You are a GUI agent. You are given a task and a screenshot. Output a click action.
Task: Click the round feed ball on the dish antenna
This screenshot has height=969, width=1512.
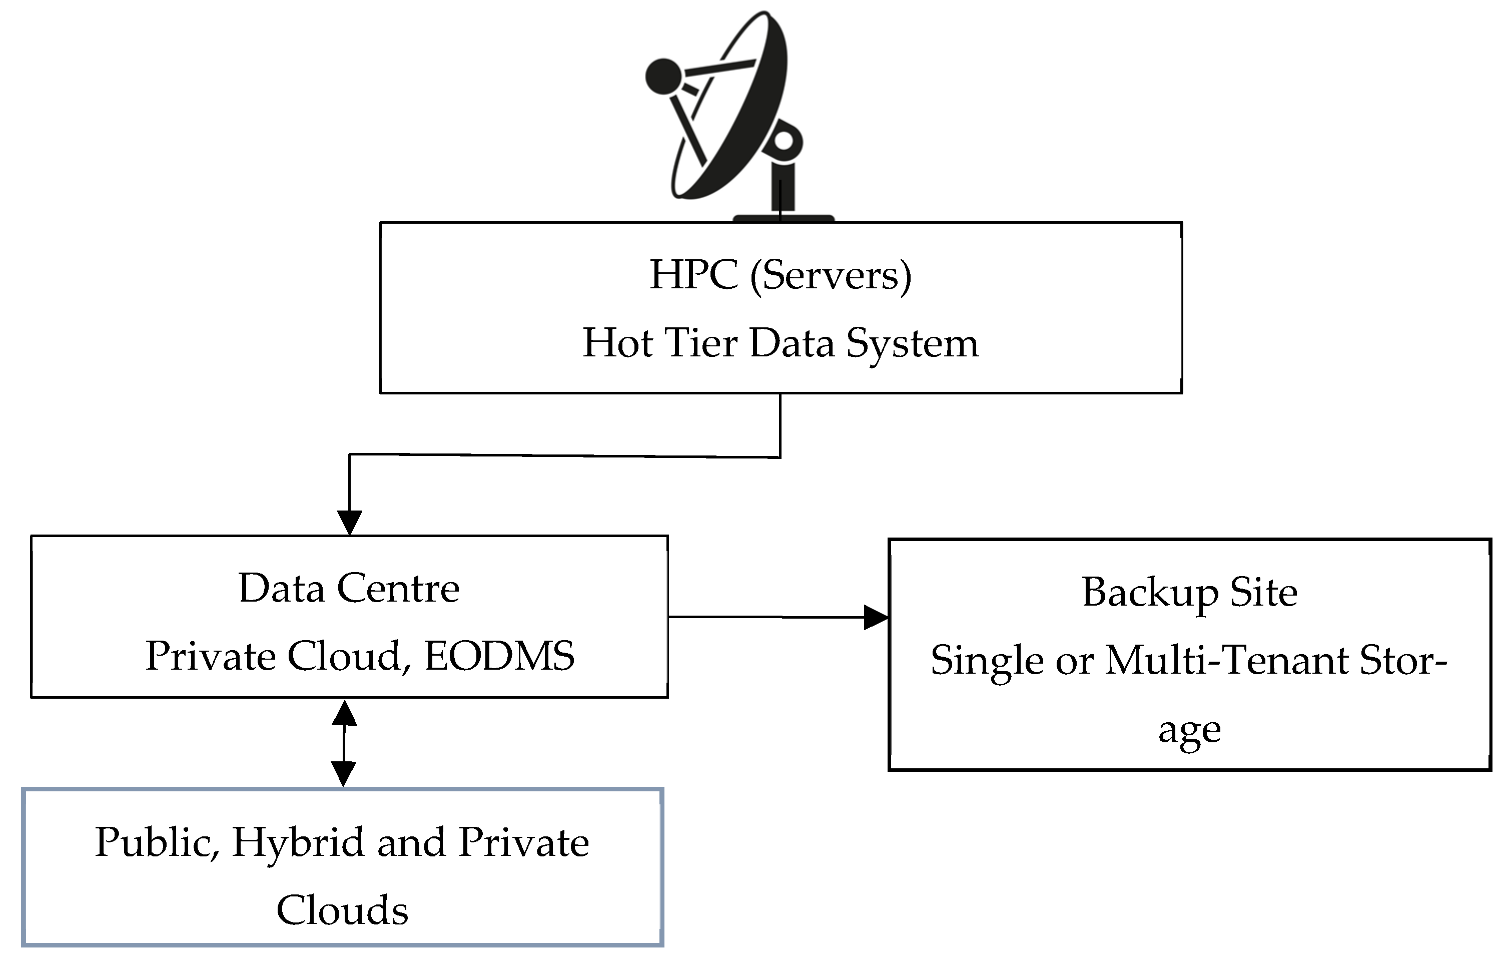click(x=663, y=76)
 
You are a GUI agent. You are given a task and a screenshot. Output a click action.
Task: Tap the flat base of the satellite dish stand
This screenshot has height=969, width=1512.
click(x=783, y=218)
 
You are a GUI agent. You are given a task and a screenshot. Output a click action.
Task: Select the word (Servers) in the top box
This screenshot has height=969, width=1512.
click(x=830, y=276)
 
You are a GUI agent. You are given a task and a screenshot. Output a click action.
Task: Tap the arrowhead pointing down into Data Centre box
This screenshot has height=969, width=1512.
click(x=350, y=522)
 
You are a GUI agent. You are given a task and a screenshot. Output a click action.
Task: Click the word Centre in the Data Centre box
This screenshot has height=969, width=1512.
click(x=398, y=589)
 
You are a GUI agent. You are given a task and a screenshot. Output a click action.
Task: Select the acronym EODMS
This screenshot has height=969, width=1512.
click(x=499, y=656)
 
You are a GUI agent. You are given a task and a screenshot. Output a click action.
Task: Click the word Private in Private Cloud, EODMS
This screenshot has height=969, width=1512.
click(x=210, y=657)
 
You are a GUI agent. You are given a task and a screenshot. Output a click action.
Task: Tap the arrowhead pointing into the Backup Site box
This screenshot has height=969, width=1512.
click(x=875, y=617)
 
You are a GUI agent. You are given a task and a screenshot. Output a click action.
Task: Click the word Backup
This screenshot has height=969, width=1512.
click(x=1150, y=593)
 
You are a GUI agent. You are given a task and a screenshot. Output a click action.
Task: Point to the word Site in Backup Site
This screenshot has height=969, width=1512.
click(x=1263, y=592)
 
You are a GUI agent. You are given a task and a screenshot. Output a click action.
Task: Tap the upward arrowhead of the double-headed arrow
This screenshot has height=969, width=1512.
click(x=344, y=714)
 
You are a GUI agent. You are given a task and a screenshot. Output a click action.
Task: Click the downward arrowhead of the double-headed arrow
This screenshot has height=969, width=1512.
click(x=343, y=773)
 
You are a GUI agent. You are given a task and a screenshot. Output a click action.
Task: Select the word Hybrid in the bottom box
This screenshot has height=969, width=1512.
click(x=298, y=842)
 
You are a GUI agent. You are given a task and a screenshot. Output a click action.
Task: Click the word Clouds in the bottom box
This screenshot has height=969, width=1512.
click(x=342, y=910)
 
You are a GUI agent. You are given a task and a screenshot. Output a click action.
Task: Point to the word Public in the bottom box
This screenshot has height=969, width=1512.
click(x=157, y=842)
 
